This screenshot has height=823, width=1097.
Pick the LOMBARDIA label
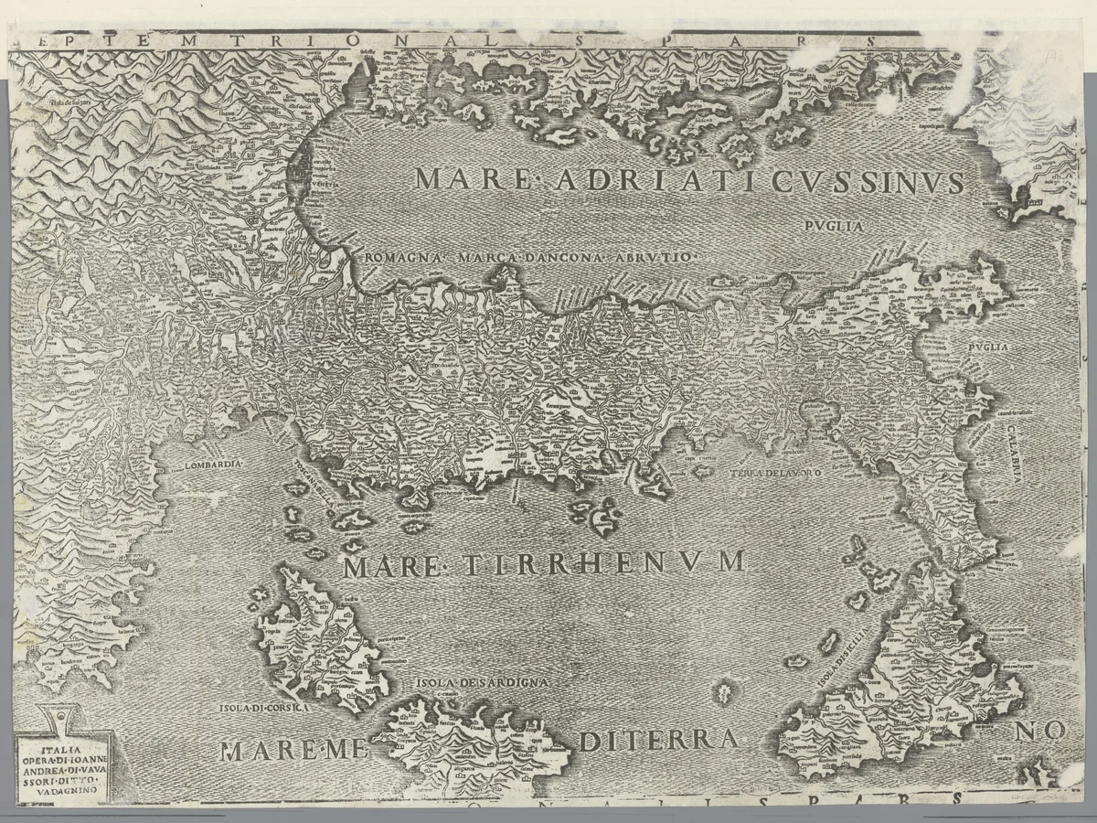(213, 465)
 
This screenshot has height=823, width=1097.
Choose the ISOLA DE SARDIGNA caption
(482, 682)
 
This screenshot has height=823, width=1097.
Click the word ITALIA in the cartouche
(41, 753)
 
